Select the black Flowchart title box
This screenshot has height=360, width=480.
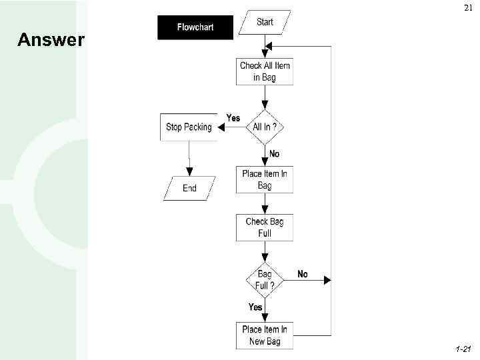(195, 27)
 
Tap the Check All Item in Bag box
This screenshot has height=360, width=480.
(265, 71)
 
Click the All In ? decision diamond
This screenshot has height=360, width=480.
(265, 127)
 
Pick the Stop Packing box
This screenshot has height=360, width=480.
(189, 127)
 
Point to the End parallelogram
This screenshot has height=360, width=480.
(190, 188)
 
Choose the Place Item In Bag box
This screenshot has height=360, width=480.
(265, 180)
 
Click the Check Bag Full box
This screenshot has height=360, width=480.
(265, 227)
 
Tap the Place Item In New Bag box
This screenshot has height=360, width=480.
(265, 335)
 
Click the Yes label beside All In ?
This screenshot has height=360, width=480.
(233, 118)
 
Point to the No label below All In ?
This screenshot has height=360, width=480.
(274, 154)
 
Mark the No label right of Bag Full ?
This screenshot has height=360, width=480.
(303, 274)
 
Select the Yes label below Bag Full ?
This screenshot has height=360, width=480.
(255, 307)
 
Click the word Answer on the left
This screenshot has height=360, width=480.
(51, 41)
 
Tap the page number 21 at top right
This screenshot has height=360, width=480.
(465, 8)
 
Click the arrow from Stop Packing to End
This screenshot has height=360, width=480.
(190, 158)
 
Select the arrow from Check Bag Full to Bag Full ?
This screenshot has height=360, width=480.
(265, 251)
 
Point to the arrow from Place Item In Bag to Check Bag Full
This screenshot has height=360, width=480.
(265, 203)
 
